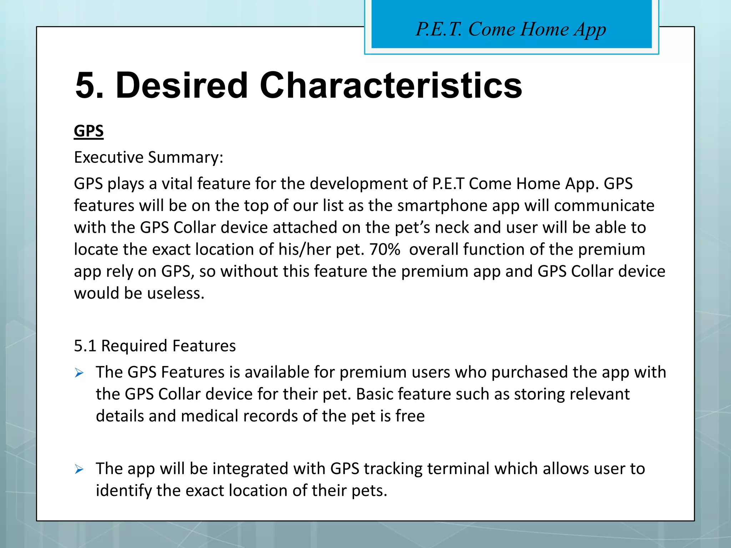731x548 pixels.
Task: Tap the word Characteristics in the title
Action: pos(391,86)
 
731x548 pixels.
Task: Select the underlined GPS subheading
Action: pos(89,131)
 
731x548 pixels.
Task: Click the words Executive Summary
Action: pos(148,157)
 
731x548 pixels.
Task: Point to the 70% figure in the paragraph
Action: pos(384,249)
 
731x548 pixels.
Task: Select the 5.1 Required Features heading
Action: pos(155,346)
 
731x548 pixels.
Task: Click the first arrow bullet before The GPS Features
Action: pos(79,373)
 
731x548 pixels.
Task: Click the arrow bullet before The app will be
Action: pos(79,470)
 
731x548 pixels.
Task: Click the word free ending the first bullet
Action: pos(410,416)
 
